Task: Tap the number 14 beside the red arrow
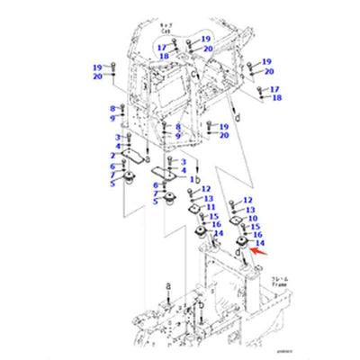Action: pos(260,243)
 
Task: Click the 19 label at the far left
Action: pos(96,67)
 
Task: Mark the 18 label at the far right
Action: pos(276,97)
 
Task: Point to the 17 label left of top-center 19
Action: pos(161,47)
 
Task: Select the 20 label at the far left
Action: pos(96,77)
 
